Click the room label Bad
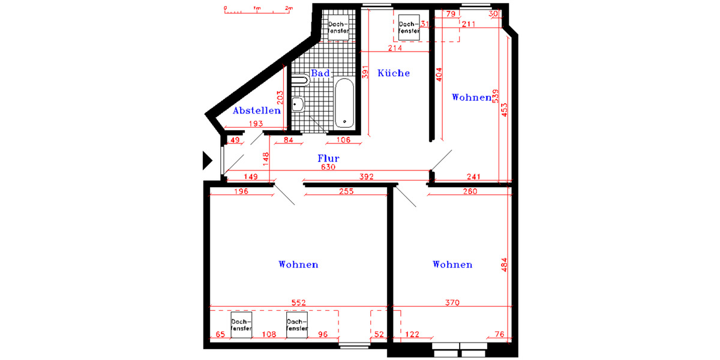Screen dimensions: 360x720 click(320, 74)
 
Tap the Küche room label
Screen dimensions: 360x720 click(394, 73)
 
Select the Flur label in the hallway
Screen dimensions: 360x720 click(329, 159)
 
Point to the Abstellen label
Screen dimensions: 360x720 click(257, 111)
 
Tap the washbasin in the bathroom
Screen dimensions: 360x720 click(298, 104)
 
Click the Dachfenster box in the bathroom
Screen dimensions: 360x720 click(338, 26)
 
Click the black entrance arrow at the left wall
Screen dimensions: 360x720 click(206, 160)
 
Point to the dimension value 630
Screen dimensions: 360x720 click(328, 167)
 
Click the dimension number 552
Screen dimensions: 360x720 click(299, 303)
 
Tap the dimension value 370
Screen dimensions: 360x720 click(452, 303)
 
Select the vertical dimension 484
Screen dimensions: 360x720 click(504, 264)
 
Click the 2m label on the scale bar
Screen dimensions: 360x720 click(289, 8)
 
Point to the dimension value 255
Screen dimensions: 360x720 click(346, 191)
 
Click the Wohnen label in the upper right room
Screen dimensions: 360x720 click(471, 97)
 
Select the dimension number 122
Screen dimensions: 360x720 click(412, 334)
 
